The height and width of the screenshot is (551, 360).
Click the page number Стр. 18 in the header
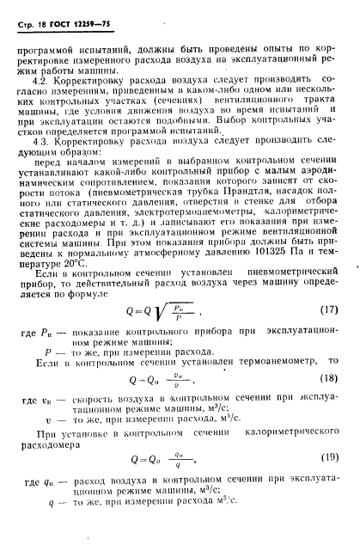(36, 31)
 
